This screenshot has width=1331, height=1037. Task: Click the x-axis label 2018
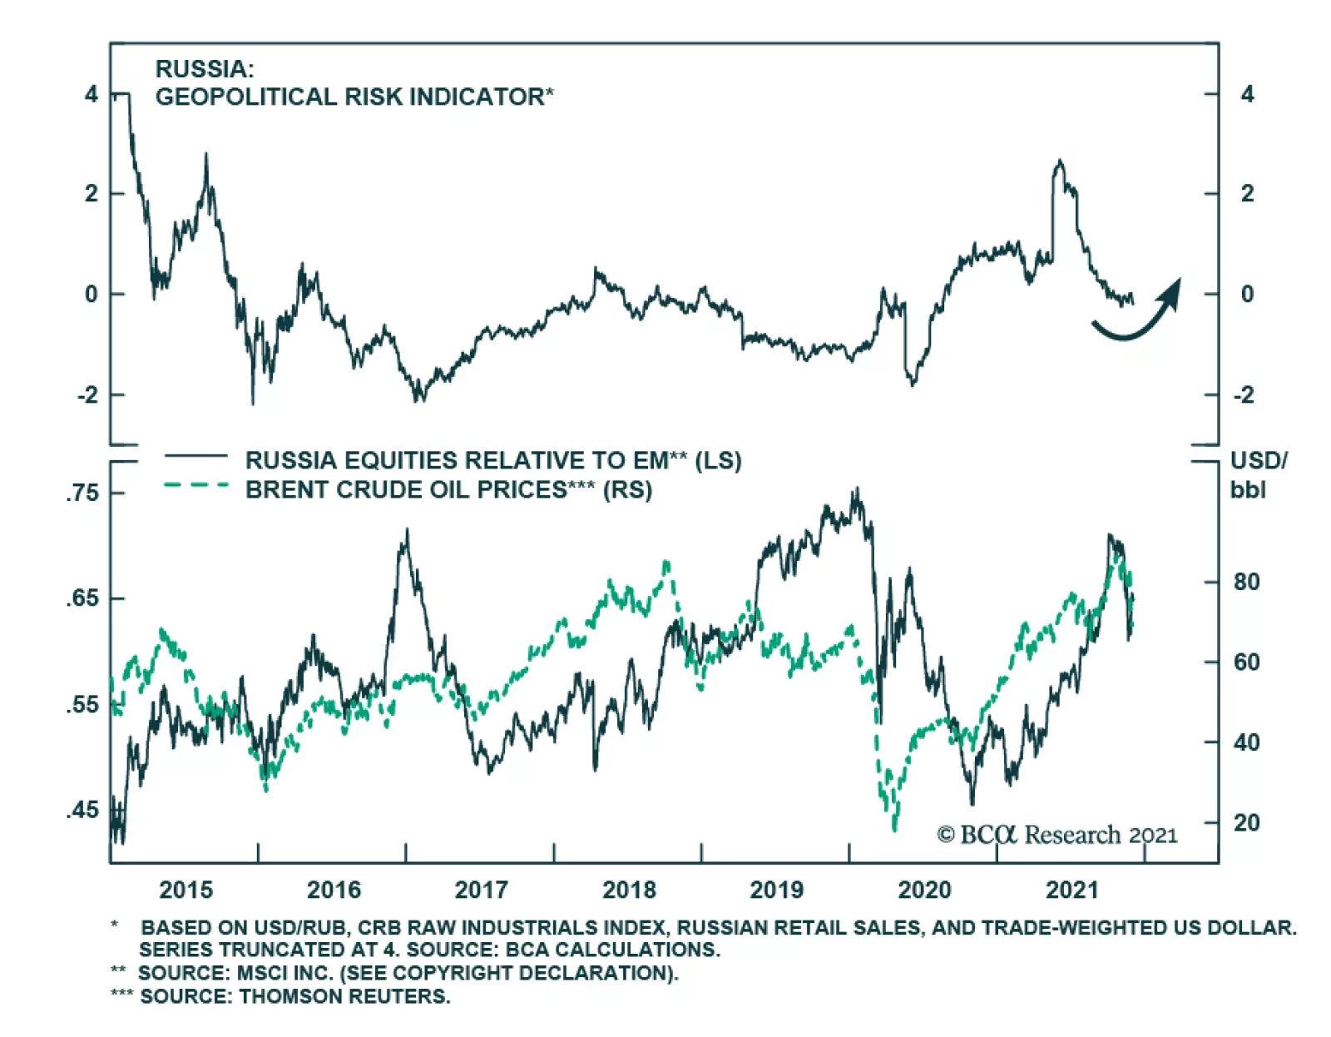click(x=629, y=890)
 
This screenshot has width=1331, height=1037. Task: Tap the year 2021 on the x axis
click(x=1071, y=890)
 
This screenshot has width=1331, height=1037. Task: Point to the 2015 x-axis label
click(x=186, y=890)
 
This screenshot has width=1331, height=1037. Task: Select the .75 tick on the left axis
click(x=82, y=493)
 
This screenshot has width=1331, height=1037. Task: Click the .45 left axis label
click(x=82, y=810)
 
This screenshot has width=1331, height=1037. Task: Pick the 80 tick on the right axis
click(x=1246, y=582)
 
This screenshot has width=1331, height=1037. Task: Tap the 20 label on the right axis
click(x=1246, y=822)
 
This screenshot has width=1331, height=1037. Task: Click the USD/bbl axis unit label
click(x=1258, y=474)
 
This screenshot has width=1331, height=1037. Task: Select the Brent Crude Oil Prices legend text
click(x=448, y=489)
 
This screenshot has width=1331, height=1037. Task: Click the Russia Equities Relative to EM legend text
click(x=492, y=460)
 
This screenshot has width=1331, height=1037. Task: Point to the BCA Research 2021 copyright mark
click(x=1056, y=835)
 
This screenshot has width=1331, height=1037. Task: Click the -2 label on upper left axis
click(x=87, y=394)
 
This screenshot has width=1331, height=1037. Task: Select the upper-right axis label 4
click(x=1246, y=94)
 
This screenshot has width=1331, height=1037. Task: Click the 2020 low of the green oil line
click(x=894, y=828)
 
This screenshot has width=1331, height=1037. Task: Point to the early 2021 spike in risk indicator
click(x=1059, y=162)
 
